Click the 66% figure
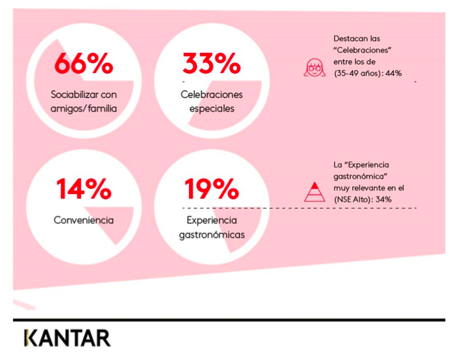(84, 63)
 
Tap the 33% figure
(211, 63)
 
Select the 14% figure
(84, 189)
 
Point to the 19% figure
(211, 189)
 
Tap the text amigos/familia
(84, 109)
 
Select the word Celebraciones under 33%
(211, 94)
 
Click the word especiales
(212, 109)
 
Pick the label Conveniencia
(84, 220)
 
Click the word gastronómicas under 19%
(212, 235)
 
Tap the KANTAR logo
(67, 338)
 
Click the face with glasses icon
(314, 67)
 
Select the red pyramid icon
(314, 192)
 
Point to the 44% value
(393, 74)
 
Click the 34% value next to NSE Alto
(383, 200)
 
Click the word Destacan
(348, 39)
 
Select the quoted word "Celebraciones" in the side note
(362, 50)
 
